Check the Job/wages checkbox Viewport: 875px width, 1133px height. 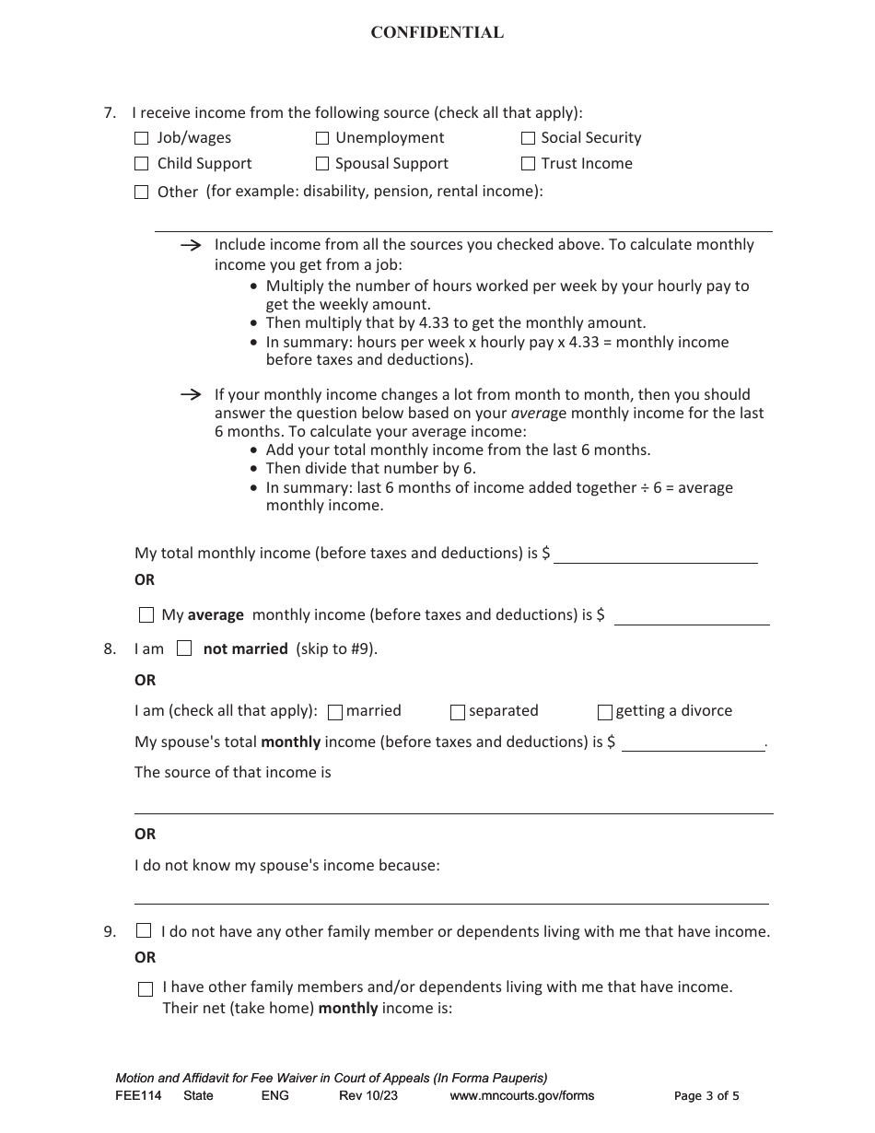pos(141,138)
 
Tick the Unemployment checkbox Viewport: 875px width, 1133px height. pos(322,138)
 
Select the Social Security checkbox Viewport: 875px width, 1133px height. pos(528,138)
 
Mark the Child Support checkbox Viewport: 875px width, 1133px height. pos(141,164)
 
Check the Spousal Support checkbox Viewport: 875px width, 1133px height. pos(322,164)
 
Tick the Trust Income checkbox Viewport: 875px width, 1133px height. pos(528,164)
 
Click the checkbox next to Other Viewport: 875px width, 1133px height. pos(141,193)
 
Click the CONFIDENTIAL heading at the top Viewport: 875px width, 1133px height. pos(437,33)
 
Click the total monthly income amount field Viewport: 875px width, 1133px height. pos(655,554)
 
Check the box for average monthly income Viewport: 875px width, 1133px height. pos(146,614)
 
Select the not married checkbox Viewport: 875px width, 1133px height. pos(184,648)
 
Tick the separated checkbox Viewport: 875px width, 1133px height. pos(457,712)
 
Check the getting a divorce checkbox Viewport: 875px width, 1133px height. pos(604,712)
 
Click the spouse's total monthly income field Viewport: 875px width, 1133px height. pos(693,742)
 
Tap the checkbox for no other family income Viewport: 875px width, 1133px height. pos(144,931)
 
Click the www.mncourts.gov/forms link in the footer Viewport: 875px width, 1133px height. pos(521,1096)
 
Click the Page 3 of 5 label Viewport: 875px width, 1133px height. pos(706,1096)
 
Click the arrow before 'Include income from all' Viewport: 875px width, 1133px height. pos(191,245)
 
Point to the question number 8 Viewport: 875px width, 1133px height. pos(110,649)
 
